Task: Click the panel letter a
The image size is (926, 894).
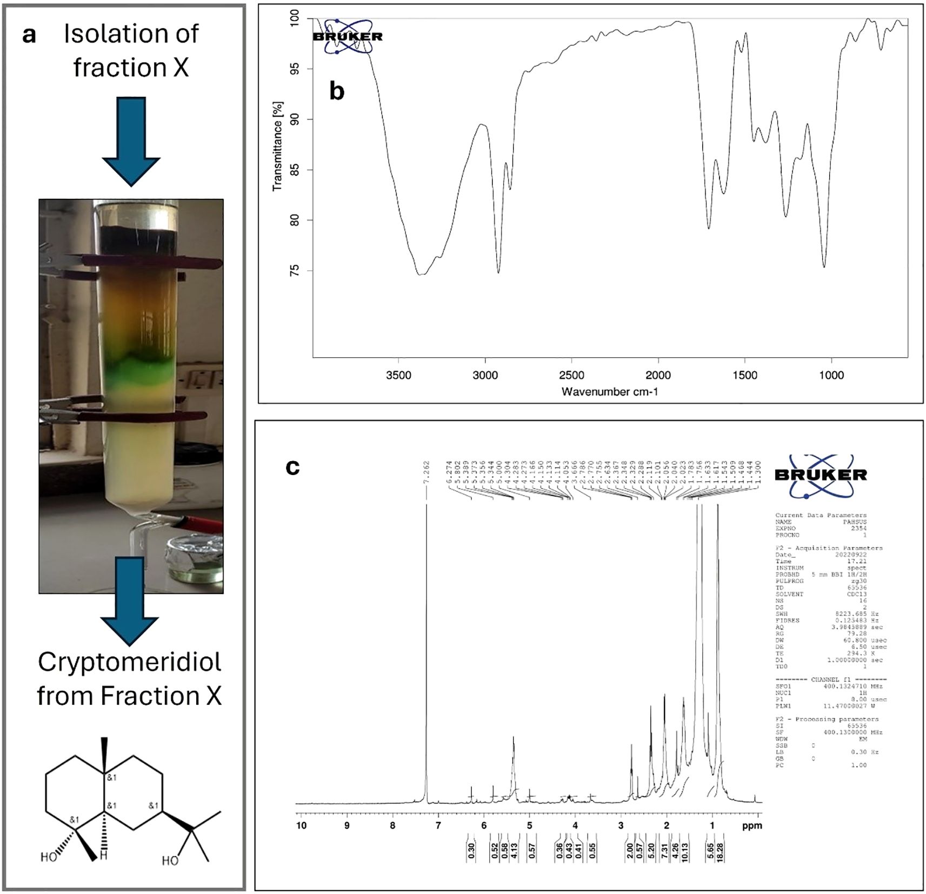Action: [x=29, y=35]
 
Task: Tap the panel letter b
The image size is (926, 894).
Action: [x=337, y=91]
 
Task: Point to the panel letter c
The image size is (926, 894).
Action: [x=292, y=466]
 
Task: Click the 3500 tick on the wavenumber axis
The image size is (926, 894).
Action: [x=398, y=375]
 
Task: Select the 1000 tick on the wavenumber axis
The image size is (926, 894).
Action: [x=831, y=375]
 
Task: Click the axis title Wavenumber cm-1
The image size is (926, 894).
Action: [x=610, y=392]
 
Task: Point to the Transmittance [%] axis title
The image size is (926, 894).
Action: [x=277, y=146]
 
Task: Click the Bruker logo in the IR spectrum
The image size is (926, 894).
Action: [x=348, y=36]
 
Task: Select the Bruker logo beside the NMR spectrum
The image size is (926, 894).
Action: [x=821, y=475]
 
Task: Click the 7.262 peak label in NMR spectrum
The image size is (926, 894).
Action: [x=427, y=471]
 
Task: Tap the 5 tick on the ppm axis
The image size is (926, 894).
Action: [x=529, y=825]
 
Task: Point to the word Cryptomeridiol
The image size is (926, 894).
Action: [x=129, y=662]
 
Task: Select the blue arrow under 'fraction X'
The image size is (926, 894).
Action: [x=131, y=141]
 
